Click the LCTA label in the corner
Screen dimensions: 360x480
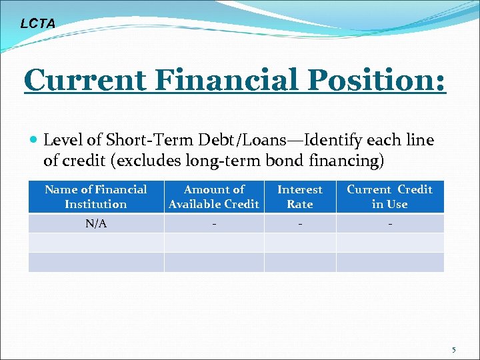click(38, 24)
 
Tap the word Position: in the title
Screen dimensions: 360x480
click(377, 80)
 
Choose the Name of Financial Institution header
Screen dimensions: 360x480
click(96, 197)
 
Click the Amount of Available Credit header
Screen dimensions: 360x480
click(214, 197)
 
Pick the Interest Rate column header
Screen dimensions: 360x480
click(300, 197)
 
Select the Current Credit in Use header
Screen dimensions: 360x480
click(390, 197)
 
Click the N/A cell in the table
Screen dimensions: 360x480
click(96, 223)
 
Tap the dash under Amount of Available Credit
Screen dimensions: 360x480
click(214, 223)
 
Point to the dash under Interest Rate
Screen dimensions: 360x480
click(300, 223)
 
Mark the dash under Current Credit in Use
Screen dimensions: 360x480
click(390, 223)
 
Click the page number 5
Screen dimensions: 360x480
click(454, 349)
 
